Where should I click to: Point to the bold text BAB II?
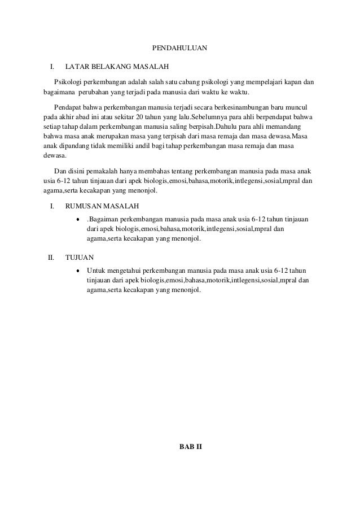tap(190, 447)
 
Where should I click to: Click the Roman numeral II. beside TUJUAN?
tap(50, 258)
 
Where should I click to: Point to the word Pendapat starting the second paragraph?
tap(67, 107)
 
